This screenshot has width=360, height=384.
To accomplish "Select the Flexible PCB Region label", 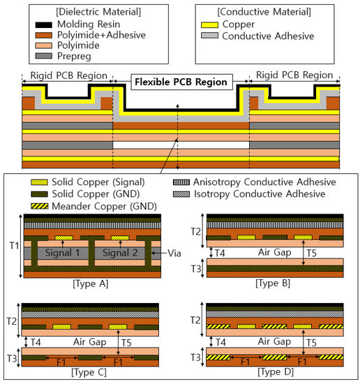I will pos(181,82).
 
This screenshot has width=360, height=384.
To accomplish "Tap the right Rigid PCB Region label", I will pos(294,75).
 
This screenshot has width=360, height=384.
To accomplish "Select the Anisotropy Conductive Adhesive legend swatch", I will pos(183,182).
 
